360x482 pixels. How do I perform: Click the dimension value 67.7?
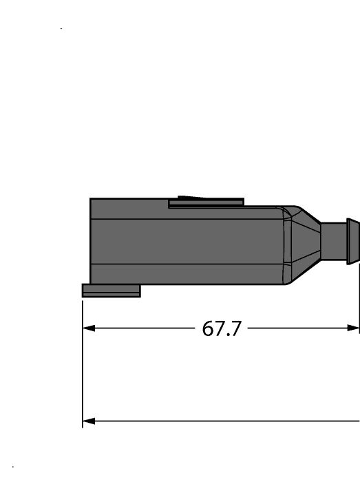222,329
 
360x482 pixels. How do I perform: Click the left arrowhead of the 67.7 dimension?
87,328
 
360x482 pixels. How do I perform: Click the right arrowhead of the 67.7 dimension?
354,328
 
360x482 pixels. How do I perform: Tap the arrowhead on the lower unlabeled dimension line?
87,421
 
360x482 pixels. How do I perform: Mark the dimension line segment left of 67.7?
145,328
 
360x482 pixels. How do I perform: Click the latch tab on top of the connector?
207,202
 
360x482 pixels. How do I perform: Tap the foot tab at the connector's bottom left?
111,291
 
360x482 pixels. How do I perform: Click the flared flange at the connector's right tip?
352,241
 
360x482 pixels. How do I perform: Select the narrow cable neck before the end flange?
336,241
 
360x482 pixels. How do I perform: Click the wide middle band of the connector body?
186,241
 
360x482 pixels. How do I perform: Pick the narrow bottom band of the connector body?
186,274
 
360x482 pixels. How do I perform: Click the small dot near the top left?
61,28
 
